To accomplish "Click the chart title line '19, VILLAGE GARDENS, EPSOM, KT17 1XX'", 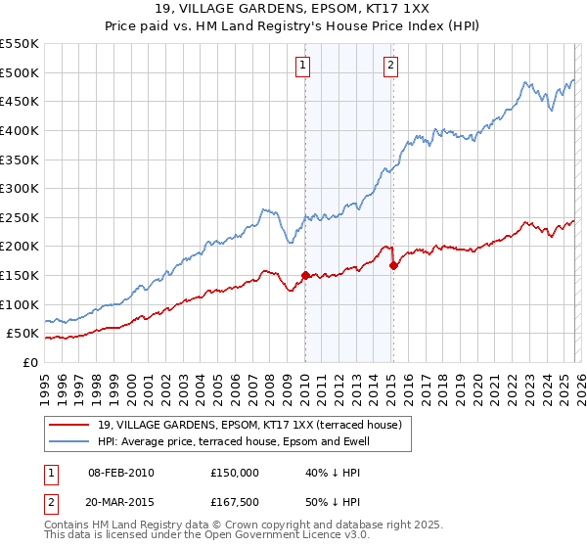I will [x=293, y=11].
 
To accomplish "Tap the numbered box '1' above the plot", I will [x=303, y=66].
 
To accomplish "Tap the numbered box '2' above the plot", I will [x=390, y=66].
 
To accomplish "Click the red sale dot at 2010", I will [x=305, y=275].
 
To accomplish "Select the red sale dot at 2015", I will [x=393, y=264].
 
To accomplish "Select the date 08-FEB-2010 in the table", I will [x=120, y=473].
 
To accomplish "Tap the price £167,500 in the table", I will [x=235, y=501].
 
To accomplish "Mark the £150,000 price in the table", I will [x=235, y=473].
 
